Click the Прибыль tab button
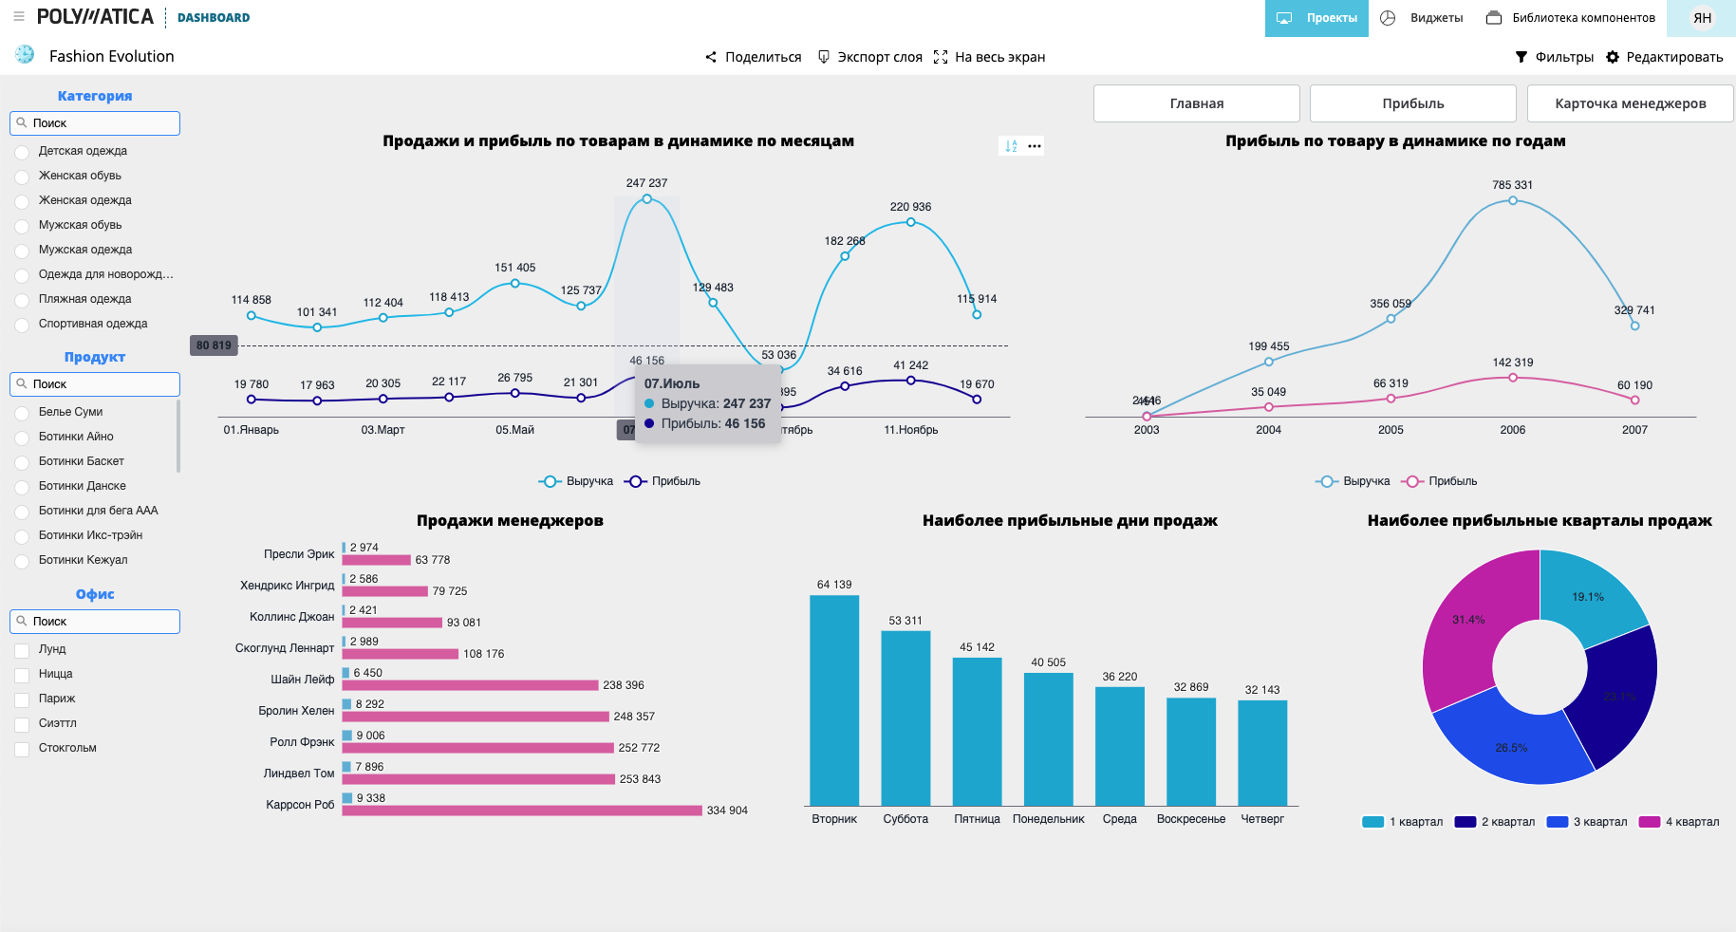click(1412, 103)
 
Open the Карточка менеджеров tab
click(1630, 103)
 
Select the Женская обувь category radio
click(22, 177)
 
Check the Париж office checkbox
click(22, 699)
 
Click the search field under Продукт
click(95, 384)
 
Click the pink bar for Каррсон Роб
click(522, 811)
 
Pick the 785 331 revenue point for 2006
click(1513, 200)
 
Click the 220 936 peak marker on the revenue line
click(910, 222)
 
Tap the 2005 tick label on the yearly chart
click(1391, 430)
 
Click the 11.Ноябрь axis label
click(910, 430)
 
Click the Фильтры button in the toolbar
click(1555, 57)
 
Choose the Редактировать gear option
click(1664, 57)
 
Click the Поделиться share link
click(754, 57)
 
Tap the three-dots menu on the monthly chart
click(1035, 146)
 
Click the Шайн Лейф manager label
click(302, 680)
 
